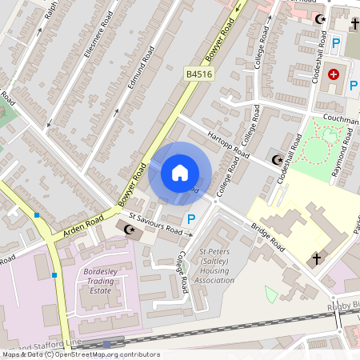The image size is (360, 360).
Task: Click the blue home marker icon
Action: (x=180, y=173)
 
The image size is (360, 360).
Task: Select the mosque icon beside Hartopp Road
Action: (x=277, y=160)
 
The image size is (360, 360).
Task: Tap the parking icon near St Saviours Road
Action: (x=190, y=218)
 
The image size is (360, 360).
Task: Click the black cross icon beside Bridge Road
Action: (x=315, y=259)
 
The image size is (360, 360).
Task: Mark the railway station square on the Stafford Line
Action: (x=106, y=345)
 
